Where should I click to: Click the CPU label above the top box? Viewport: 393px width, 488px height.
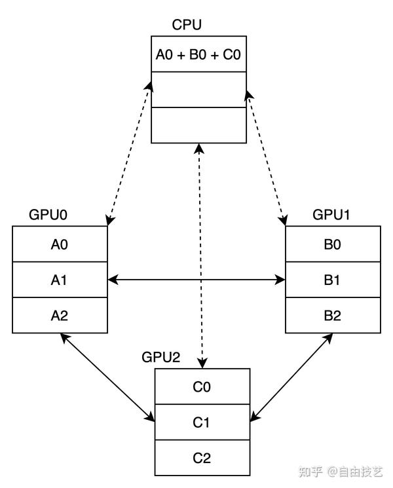click(187, 26)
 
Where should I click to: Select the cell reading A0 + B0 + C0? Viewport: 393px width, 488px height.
click(199, 54)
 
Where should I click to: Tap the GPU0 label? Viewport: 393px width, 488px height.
click(49, 215)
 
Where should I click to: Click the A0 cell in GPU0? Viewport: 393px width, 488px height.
click(60, 244)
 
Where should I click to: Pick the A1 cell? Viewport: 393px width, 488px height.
click(60, 280)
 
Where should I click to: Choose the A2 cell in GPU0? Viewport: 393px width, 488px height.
click(60, 315)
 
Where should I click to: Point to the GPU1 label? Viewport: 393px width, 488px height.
click(331, 215)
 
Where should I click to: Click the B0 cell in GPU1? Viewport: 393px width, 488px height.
click(333, 244)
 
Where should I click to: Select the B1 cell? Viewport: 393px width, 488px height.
click(333, 280)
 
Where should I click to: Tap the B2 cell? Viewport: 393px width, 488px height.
click(333, 315)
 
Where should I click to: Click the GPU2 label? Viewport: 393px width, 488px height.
click(161, 358)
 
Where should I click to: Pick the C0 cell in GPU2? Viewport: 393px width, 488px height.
click(202, 386)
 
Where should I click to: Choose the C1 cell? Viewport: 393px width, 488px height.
click(202, 422)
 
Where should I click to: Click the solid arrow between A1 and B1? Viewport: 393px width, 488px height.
click(196, 280)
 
